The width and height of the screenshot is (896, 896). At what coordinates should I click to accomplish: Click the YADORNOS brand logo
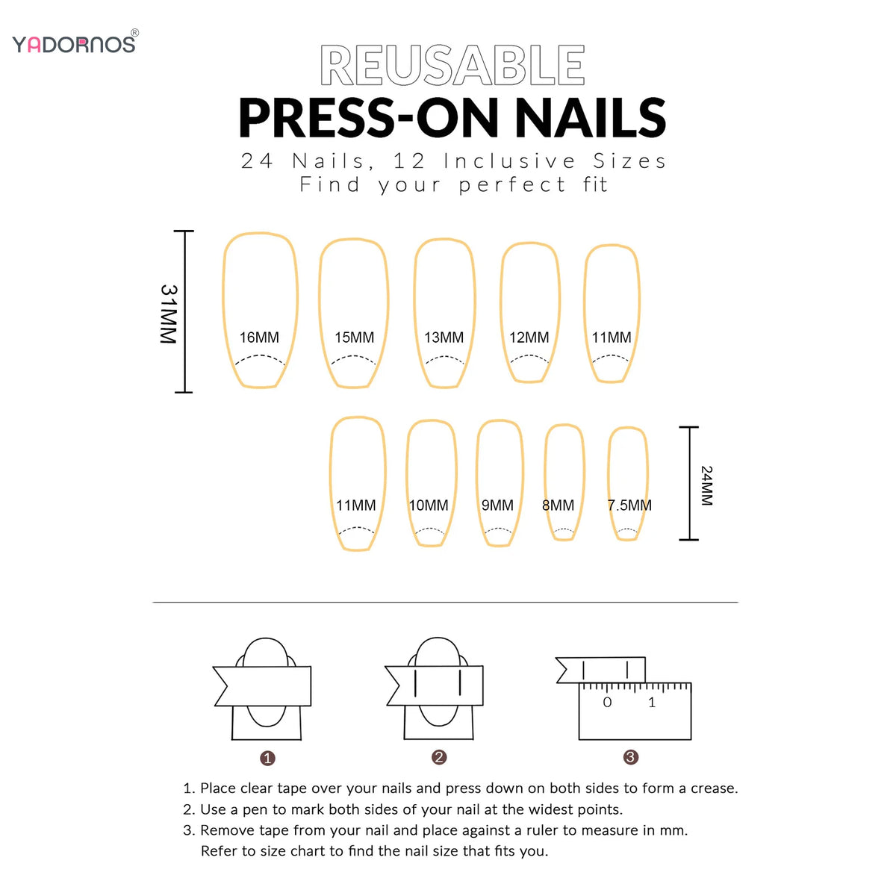(75, 43)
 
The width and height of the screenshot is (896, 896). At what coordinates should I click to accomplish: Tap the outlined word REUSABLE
(452, 66)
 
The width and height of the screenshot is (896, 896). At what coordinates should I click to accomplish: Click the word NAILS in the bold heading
(591, 118)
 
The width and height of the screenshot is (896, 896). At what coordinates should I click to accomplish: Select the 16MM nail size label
(259, 337)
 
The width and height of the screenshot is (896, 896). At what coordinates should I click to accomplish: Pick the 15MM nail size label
(355, 337)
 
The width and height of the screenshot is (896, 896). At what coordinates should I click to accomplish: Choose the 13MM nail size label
(444, 337)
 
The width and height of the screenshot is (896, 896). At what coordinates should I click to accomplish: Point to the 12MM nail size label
(529, 337)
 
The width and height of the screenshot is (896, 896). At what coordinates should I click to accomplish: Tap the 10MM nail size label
(429, 505)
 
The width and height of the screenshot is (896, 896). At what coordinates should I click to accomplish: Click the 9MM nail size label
(497, 505)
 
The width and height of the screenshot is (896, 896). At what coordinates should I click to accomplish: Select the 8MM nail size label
(558, 505)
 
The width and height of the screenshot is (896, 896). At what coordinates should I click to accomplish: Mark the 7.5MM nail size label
(629, 505)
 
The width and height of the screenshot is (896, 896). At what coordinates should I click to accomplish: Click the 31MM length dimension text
(169, 314)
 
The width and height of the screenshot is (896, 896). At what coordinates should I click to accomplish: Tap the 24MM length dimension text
(706, 485)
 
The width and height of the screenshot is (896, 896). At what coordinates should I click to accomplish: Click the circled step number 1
(267, 759)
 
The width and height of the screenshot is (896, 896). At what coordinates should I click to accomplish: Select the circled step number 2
(439, 757)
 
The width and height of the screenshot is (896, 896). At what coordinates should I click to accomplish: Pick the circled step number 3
(630, 757)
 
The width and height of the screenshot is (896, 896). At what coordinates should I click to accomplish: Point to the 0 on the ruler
(607, 702)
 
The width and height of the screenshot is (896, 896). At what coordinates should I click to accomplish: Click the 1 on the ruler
(652, 702)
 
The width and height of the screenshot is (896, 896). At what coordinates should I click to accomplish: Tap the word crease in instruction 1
(715, 788)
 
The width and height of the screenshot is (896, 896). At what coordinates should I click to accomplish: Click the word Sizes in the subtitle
(629, 161)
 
